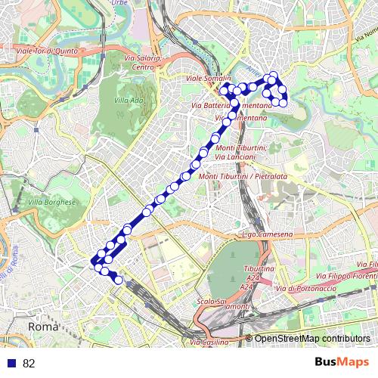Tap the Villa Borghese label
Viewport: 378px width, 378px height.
pos(52,202)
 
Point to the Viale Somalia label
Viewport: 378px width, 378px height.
pos(208,78)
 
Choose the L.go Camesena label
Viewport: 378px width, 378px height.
pos(265,235)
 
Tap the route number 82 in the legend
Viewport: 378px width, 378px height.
pos(29,364)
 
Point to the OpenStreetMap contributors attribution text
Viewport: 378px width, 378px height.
pos(312,338)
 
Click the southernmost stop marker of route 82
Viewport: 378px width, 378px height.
pos(118,280)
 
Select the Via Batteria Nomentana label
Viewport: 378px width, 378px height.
pos(233,105)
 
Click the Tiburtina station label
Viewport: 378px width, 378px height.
pos(259,269)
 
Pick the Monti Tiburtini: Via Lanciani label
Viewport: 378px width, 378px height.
pos(240,152)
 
